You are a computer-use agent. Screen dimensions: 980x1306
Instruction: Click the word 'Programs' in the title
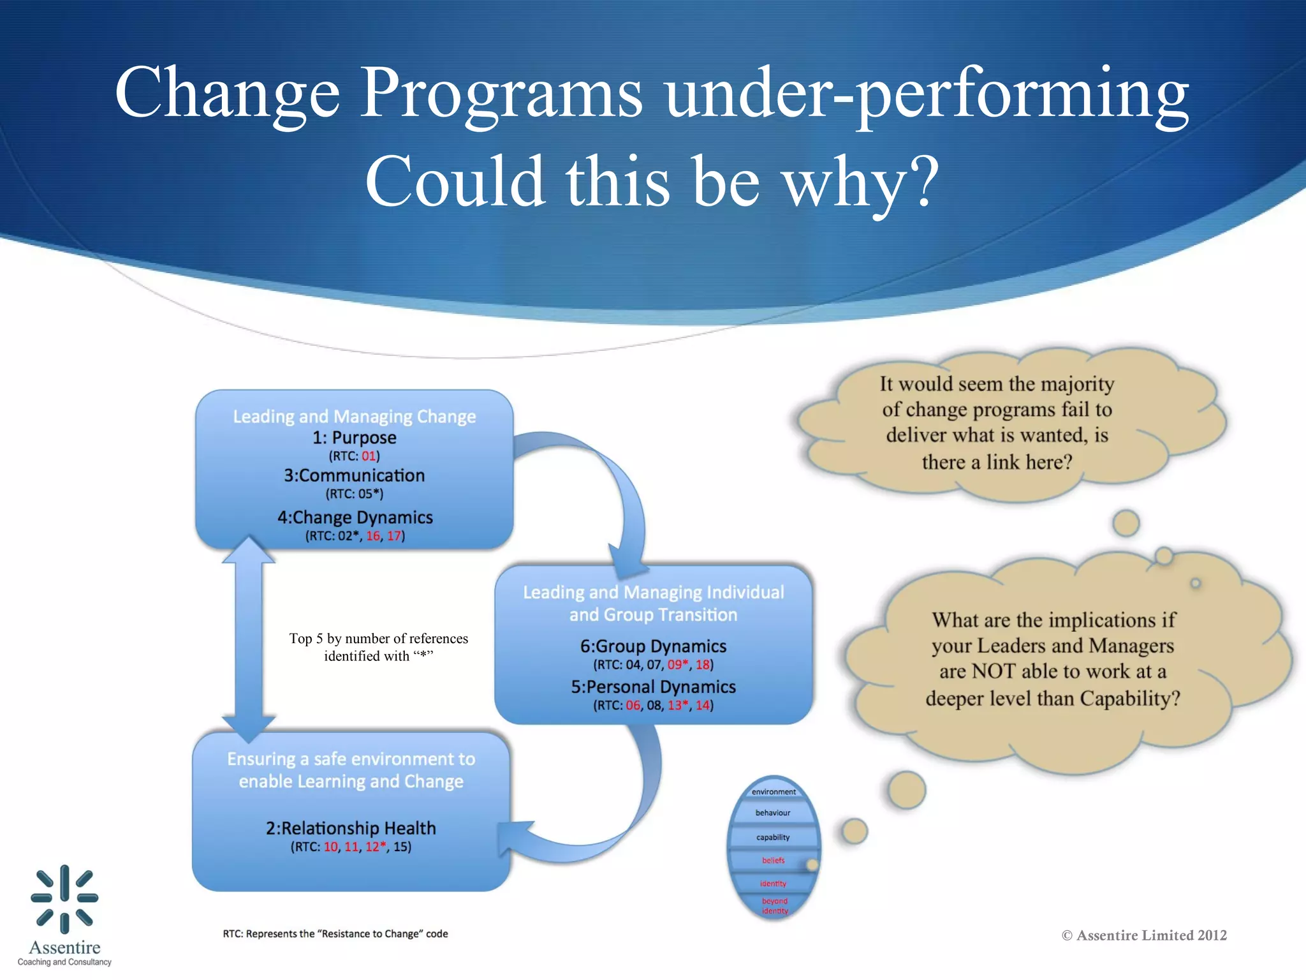click(501, 94)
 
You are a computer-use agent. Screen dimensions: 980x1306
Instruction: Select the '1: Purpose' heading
click(354, 438)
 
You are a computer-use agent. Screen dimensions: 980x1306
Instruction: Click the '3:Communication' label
click(354, 475)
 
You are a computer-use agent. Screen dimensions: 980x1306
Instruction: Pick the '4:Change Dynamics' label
click(355, 517)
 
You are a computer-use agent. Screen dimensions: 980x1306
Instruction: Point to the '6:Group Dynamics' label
click(653, 646)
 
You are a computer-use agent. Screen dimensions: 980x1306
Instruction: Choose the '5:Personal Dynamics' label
click(653, 687)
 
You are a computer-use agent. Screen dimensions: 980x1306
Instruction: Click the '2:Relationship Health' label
click(351, 828)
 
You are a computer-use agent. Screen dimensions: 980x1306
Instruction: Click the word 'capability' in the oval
click(773, 837)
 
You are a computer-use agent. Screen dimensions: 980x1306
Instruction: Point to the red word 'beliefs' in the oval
click(773, 860)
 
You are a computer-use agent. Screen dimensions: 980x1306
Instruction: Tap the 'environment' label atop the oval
click(774, 792)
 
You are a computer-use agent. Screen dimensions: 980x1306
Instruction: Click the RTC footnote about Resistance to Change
click(335, 934)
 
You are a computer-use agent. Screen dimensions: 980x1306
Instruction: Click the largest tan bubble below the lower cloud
click(906, 790)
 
